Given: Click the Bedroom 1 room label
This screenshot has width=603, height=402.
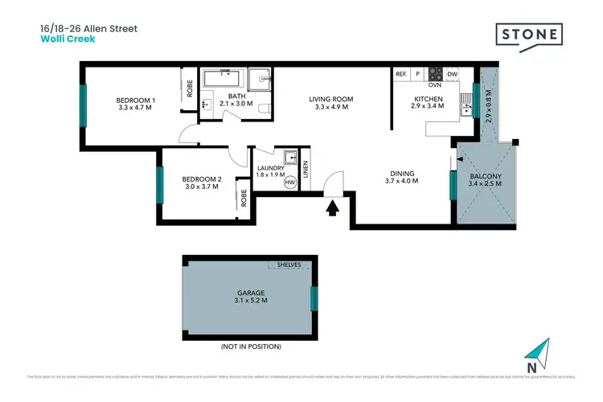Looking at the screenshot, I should (x=136, y=100).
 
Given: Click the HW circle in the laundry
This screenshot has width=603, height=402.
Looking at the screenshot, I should (x=289, y=183).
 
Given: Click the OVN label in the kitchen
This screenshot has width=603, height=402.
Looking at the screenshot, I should (x=435, y=84).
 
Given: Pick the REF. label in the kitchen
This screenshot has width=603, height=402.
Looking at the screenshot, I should (x=402, y=75).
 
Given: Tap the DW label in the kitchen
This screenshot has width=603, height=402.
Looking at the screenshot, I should (x=452, y=75).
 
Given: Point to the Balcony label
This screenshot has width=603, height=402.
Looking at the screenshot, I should (x=486, y=176).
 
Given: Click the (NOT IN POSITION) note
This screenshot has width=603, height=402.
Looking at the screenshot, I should (x=250, y=347).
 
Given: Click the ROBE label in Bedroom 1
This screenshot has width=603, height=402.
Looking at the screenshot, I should (x=190, y=89).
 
